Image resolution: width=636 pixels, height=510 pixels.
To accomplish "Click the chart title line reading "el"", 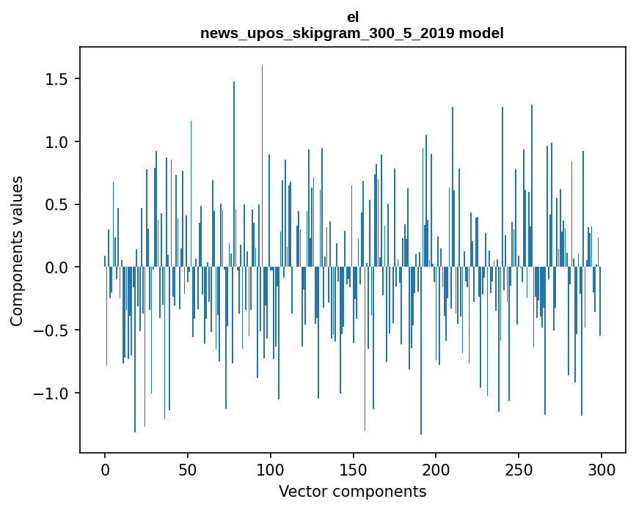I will point(353,16).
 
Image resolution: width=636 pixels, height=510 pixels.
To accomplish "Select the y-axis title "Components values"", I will point(17,251).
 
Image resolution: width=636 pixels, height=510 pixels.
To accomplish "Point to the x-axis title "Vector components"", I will point(352,491).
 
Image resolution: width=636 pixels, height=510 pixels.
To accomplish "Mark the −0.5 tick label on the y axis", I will point(53,330).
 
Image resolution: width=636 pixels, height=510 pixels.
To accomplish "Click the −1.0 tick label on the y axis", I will point(53,393).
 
